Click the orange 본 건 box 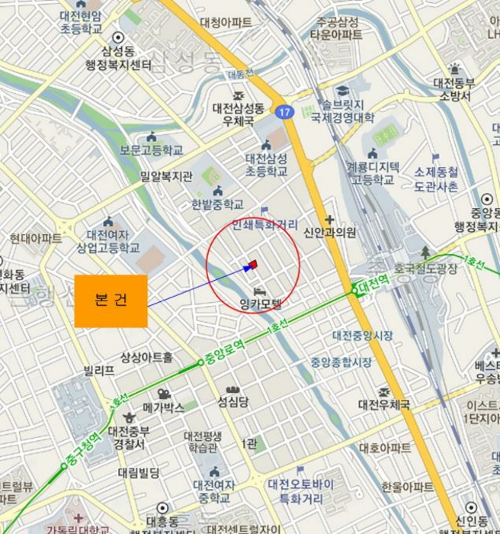111,301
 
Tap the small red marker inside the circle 253,265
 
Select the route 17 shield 284,111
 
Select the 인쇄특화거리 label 264,225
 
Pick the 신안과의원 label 329,233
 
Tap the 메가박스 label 164,407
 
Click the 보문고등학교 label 151,150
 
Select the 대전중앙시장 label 363,335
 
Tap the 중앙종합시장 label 341,362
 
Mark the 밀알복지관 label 166,177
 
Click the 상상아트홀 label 146,357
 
